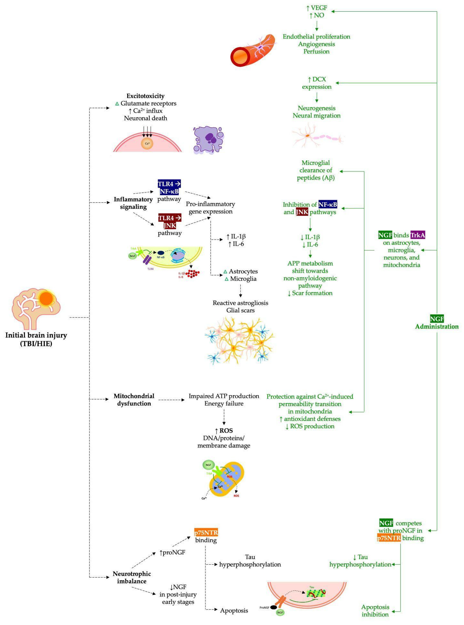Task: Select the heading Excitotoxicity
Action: [146, 96]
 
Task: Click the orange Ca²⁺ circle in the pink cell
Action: [147, 143]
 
